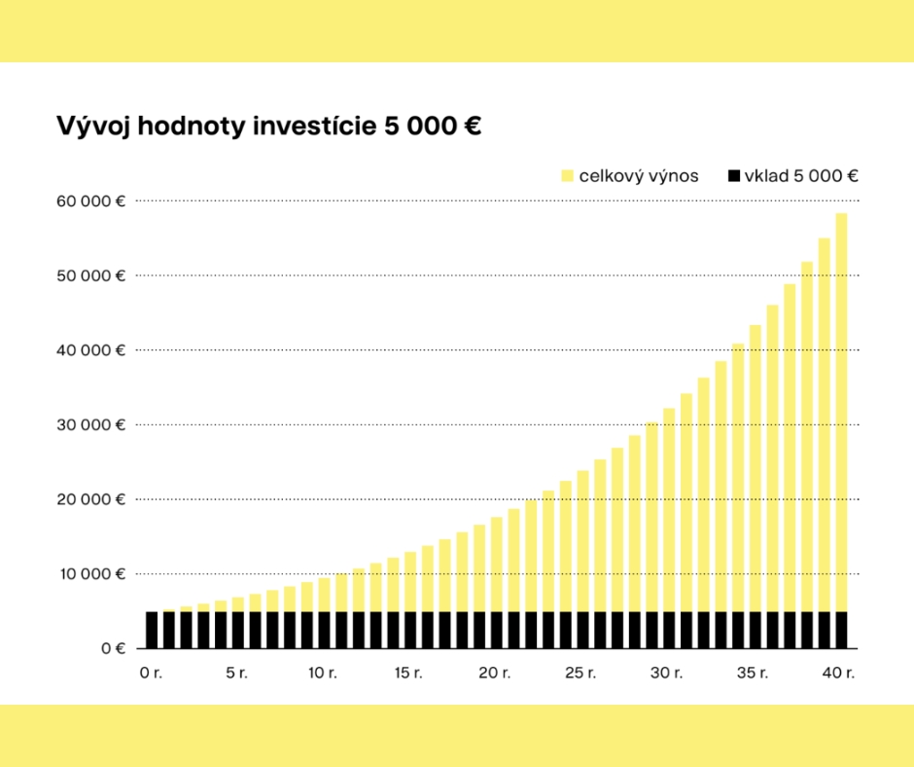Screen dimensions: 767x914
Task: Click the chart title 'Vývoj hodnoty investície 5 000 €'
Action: [268, 127]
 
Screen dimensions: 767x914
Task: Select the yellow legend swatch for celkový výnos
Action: [567, 176]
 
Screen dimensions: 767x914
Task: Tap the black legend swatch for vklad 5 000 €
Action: [734, 176]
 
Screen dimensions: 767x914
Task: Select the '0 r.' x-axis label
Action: [151, 673]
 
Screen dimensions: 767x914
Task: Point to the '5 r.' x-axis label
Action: [237, 673]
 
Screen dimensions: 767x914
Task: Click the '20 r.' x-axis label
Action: [496, 673]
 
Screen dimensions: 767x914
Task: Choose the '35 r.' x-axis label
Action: [755, 673]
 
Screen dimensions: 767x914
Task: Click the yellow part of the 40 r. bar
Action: [841, 409]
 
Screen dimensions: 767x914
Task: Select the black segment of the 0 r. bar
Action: [152, 630]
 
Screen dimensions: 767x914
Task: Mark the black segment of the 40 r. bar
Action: [841, 630]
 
